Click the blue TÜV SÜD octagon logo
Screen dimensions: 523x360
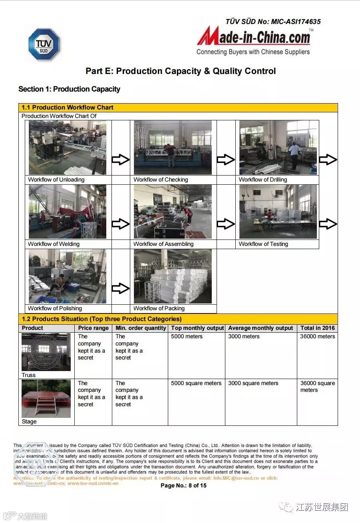coord(44,44)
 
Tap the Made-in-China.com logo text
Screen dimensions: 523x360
coord(253,38)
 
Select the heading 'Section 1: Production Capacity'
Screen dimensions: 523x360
coord(69,89)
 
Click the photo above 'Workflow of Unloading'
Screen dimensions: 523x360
coord(68,148)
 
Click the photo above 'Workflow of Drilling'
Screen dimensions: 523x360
coord(278,148)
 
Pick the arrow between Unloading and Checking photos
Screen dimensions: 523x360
coord(120,160)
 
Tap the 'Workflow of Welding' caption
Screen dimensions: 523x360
coord(54,244)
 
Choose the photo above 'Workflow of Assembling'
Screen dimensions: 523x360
coord(173,212)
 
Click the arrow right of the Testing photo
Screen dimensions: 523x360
coord(328,224)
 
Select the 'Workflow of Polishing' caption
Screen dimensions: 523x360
coord(55,308)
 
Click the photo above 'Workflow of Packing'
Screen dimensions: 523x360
coord(173,276)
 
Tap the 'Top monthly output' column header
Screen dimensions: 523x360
coord(197,328)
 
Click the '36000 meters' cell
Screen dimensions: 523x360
coord(317,337)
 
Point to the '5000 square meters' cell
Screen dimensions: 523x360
coord(196,383)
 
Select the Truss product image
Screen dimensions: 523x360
coord(46,352)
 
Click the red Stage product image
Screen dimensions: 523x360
coord(46,399)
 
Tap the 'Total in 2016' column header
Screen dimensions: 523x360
coord(317,328)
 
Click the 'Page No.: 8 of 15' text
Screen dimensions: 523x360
coord(183,485)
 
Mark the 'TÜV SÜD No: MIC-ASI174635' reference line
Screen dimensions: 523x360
coord(273,22)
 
